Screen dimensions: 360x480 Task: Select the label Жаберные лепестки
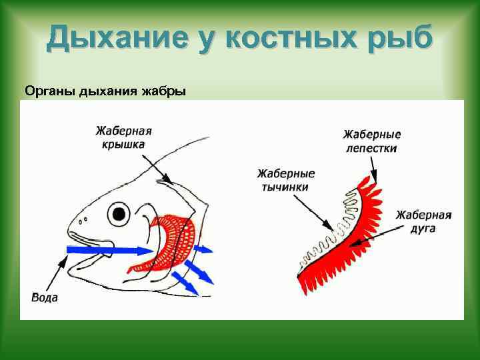tap(371, 141)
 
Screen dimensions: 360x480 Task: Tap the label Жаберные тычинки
tap(285, 180)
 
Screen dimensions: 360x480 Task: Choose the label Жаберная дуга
tap(424, 221)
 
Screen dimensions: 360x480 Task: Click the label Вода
tap(45, 297)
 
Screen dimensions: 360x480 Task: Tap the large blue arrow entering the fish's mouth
tap(107, 251)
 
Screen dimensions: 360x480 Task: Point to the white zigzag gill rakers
tap(333, 227)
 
